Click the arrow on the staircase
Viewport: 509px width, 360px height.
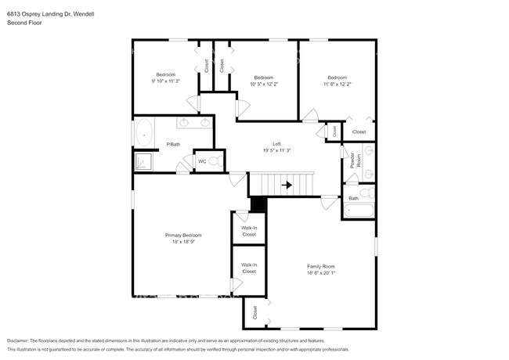[287, 185]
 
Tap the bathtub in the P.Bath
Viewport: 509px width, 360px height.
[143, 134]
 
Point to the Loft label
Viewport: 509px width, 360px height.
[276, 144]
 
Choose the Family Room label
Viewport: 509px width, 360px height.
[320, 266]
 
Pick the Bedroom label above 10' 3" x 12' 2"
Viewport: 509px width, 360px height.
[263, 77]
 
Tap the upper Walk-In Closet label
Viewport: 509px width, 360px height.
[249, 231]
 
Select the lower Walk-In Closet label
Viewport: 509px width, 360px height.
[249, 268]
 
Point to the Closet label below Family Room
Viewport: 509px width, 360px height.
[254, 312]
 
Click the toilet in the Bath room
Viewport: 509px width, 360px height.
[366, 193]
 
